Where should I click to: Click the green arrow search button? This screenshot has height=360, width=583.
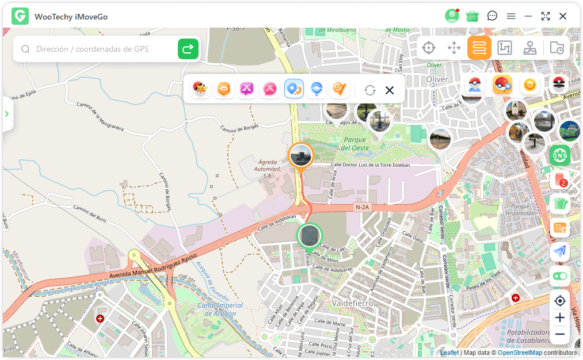point(188,49)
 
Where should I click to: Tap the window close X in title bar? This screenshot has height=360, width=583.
point(563,16)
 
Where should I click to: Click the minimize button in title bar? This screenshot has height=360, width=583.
point(528,16)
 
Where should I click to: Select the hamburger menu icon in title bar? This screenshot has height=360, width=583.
point(511,16)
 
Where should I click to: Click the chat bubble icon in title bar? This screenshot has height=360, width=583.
point(492,16)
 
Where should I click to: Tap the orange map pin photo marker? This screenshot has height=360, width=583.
point(300,156)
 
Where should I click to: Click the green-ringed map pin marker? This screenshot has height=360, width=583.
point(310,236)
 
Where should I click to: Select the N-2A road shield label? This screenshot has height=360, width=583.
point(362,207)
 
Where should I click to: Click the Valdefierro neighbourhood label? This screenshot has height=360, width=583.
point(353,302)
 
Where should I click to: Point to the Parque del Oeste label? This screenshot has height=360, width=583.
point(355,144)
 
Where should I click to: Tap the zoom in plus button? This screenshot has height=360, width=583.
point(560,317)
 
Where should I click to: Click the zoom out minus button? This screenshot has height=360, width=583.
point(560,334)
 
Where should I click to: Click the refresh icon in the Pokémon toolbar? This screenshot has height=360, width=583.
point(370,90)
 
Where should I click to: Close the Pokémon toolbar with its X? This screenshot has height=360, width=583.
point(390,90)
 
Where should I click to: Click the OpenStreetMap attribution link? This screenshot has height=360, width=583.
point(520,353)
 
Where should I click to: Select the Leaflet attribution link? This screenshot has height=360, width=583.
point(449,353)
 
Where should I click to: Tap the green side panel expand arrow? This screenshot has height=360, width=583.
point(7,114)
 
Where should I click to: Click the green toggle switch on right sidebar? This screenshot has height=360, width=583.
point(560,276)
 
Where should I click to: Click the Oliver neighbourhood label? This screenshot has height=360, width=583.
point(437,79)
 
